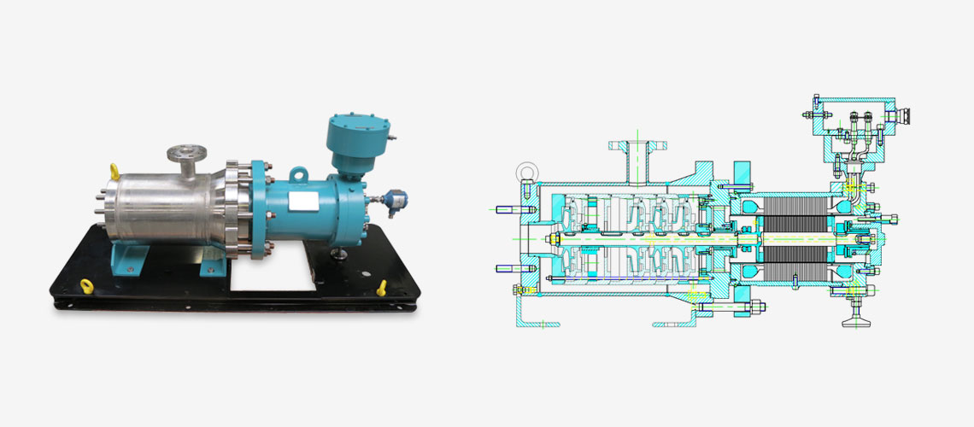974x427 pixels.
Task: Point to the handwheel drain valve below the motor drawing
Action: pos(853,317)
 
